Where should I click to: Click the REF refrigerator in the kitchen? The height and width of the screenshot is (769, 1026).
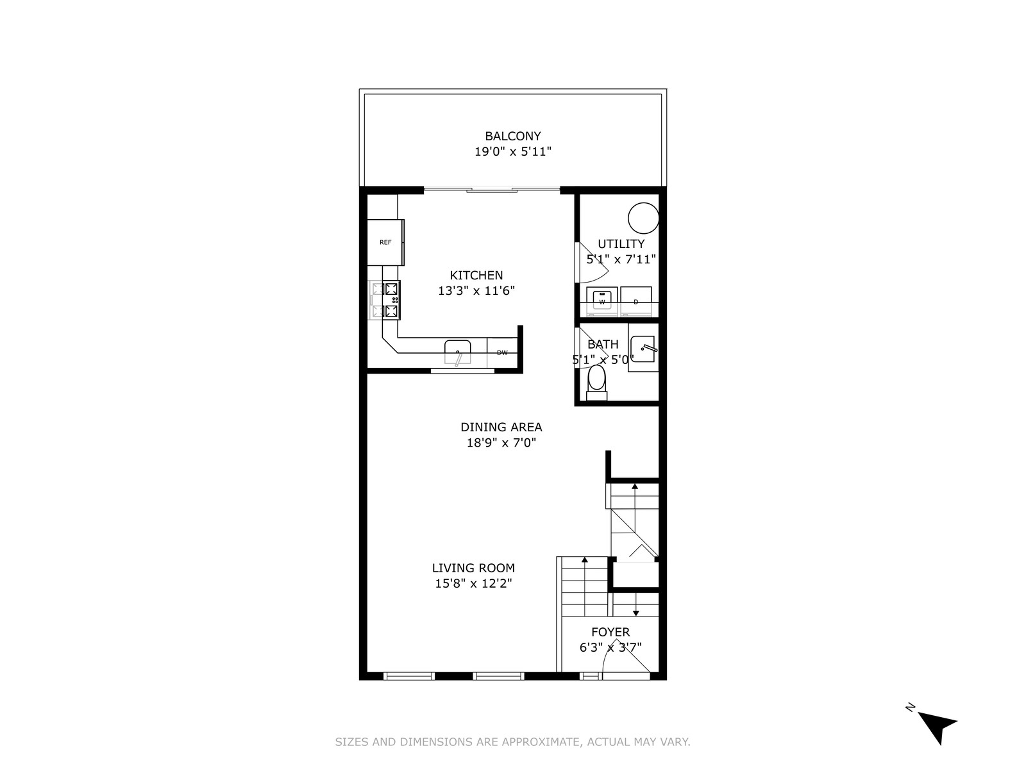tap(385, 242)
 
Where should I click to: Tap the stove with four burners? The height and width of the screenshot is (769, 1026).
tap(385, 300)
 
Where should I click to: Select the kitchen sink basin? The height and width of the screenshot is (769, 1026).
tap(458, 352)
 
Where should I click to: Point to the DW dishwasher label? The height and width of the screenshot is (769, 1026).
tap(502, 352)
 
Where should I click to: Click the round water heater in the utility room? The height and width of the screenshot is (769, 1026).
tap(644, 218)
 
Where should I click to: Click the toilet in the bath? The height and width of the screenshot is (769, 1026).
tap(596, 383)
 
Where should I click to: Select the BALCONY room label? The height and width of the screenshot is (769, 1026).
tap(513, 136)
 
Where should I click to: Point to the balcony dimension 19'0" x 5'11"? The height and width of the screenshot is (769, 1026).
tap(513, 152)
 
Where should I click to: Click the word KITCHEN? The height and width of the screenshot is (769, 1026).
tap(476, 275)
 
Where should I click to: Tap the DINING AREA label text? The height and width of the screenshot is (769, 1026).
tap(501, 427)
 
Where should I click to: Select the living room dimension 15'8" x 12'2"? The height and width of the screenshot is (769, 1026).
tap(473, 583)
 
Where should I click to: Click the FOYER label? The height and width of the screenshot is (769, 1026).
tap(610, 632)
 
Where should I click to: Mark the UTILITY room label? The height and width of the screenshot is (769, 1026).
tap(621, 244)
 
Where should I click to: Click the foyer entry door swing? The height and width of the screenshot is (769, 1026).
tap(627, 658)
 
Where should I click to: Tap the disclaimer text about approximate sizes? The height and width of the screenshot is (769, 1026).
tap(513, 742)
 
